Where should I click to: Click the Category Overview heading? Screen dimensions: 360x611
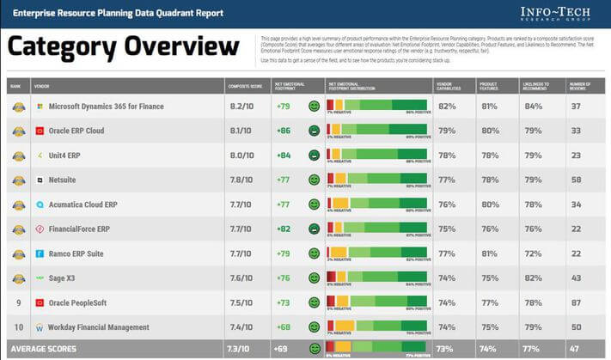point(124,49)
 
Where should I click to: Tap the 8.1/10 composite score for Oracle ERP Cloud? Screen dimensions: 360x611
point(241,131)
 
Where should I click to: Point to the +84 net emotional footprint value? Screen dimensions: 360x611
point(284,156)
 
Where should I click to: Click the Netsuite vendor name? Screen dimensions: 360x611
point(66,180)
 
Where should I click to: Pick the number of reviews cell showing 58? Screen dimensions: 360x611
point(575,180)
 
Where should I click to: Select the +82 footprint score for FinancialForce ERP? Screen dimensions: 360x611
point(284,229)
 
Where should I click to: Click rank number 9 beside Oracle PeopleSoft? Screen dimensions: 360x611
point(18,303)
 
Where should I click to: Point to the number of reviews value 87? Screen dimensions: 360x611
point(575,303)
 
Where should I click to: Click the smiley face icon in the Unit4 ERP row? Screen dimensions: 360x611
point(315,156)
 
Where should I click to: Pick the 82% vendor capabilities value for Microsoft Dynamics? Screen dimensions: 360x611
point(447,107)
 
